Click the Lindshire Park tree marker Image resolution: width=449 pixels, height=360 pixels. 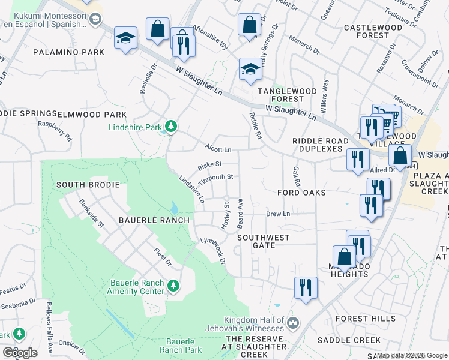(172, 127)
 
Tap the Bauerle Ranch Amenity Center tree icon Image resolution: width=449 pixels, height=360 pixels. (173, 285)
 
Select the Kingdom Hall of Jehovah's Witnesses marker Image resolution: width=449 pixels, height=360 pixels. (293, 323)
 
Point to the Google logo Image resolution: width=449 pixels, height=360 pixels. (20, 352)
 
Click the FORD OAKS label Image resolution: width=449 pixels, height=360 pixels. (301, 193)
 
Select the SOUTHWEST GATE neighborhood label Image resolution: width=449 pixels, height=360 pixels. (263, 242)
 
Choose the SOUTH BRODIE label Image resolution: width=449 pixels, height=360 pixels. (88, 184)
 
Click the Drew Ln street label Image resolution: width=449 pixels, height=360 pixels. (278, 214)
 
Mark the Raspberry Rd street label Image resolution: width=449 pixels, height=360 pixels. (55, 131)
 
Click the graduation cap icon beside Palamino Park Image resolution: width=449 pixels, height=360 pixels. (126, 38)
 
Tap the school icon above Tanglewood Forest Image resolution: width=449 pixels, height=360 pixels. (250, 70)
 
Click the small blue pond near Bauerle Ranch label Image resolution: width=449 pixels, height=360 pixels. (173, 209)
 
